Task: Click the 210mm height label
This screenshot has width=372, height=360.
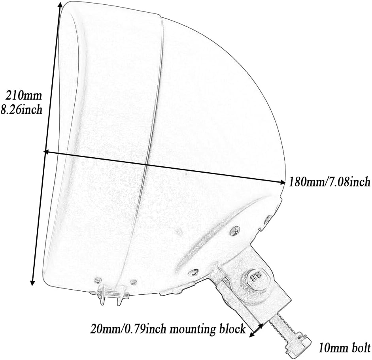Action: click(23, 95)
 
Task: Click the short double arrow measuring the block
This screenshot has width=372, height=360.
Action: click(256, 331)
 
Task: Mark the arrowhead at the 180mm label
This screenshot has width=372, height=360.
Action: click(282, 182)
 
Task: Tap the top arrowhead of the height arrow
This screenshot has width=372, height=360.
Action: click(59, 4)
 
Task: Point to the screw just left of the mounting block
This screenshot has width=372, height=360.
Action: click(194, 272)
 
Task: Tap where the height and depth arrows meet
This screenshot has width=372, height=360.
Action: click(45, 151)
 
